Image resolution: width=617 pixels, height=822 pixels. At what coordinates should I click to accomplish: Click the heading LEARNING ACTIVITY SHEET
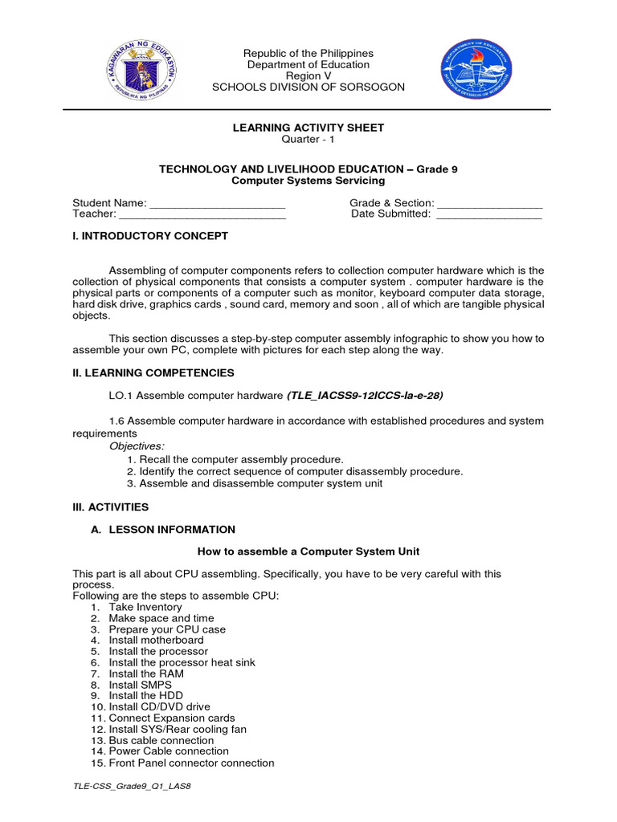pos(308,128)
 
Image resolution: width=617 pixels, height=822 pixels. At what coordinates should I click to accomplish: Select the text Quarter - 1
pos(308,139)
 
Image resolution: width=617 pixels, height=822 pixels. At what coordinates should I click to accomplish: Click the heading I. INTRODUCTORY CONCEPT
pos(150,236)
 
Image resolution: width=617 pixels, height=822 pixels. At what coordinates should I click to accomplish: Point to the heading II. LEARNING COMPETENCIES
pos(153,372)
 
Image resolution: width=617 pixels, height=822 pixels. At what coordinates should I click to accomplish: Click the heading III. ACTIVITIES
pos(111,507)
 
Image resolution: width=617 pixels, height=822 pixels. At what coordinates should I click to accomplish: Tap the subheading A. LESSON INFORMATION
pos(164,530)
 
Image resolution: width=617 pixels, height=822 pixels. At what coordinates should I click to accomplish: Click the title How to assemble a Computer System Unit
pos(308,551)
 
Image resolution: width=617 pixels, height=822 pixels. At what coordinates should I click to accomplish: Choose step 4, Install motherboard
pos(156,641)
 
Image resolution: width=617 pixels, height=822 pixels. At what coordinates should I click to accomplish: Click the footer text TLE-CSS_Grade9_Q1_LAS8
pos(132,786)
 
